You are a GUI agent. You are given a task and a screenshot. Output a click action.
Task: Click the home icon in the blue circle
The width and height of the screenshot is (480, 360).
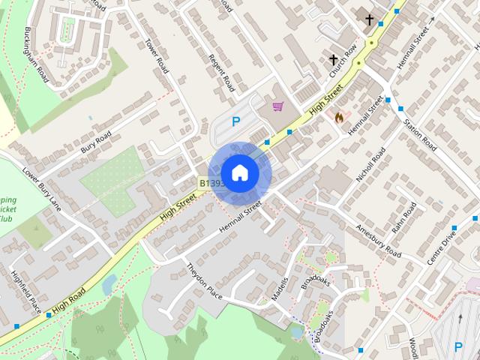pos(239,172)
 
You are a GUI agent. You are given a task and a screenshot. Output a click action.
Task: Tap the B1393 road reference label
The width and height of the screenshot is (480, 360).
pos(210,183)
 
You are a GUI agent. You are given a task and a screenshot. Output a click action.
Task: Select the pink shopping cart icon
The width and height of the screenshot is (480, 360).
pos(279,106)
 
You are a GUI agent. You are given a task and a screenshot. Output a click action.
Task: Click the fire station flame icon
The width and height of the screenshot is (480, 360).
pos(338,117)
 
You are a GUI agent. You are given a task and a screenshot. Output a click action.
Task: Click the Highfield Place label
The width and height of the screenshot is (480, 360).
pos(25,292)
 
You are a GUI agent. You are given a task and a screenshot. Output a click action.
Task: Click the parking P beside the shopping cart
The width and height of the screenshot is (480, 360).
pos(236,122)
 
